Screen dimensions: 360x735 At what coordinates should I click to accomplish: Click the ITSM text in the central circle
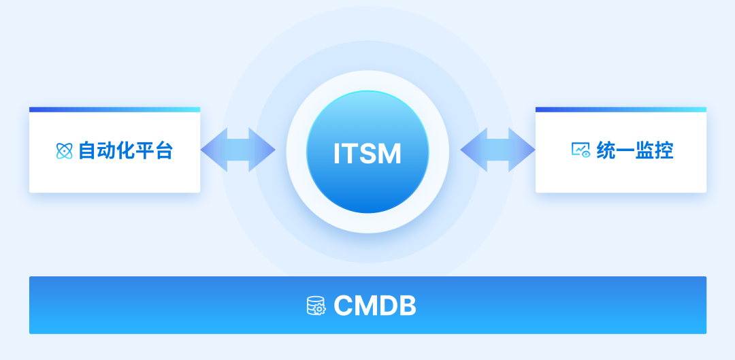coord(367,153)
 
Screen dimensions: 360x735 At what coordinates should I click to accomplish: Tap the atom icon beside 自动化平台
coord(64,150)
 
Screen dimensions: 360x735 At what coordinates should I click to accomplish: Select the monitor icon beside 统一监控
coord(581,150)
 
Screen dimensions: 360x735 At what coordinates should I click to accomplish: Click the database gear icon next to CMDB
coord(316,306)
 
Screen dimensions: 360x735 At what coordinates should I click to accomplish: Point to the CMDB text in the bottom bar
coord(375,306)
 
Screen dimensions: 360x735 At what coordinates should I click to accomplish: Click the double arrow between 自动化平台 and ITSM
coord(238,150)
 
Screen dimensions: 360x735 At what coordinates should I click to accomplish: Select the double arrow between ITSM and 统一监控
coord(497,150)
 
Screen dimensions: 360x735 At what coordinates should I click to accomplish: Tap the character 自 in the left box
coord(87,150)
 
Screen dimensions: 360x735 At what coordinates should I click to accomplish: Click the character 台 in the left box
coord(164,150)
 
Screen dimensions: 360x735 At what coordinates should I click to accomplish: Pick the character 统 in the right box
coord(606,150)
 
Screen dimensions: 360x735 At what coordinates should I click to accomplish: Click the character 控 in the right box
coord(664,150)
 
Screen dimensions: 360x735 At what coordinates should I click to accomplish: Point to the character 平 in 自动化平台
coord(145,150)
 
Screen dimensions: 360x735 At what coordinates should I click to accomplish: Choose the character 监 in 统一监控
coord(645,150)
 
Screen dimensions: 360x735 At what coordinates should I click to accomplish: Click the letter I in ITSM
coord(337,154)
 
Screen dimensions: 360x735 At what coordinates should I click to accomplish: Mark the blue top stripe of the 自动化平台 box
coord(114,110)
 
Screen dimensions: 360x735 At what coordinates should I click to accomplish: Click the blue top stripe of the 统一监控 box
coord(621,110)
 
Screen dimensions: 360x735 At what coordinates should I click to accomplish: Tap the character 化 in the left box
coord(125,150)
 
